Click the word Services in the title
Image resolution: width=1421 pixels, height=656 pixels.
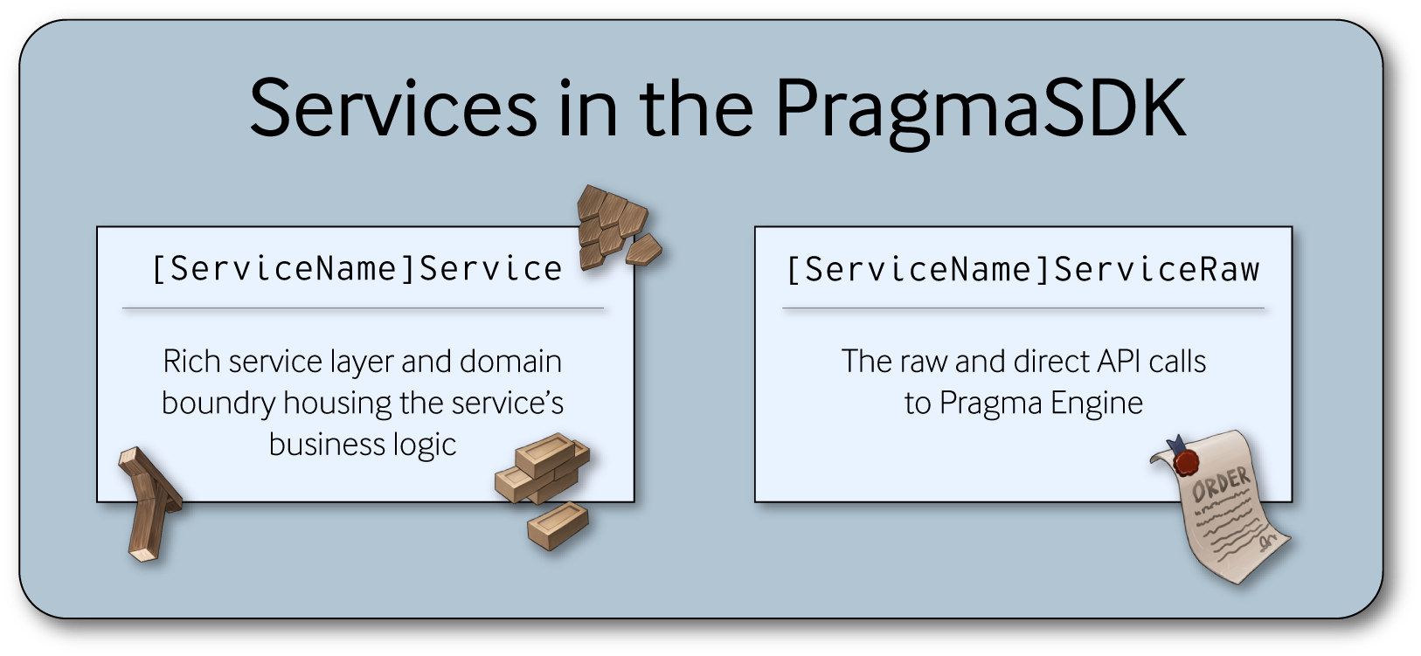392,108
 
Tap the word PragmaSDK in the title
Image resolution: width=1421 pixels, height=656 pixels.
979,110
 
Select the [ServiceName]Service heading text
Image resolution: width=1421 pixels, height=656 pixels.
357,269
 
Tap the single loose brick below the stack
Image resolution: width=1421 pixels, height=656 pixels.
558,524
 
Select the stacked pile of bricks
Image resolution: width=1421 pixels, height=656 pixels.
542,467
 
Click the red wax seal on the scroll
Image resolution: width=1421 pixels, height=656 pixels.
1186,460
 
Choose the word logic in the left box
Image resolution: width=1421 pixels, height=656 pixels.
425,445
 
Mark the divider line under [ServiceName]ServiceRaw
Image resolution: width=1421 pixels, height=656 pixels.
1022,308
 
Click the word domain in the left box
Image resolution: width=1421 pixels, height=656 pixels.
510,362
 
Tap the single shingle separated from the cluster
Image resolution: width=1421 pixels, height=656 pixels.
643,250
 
